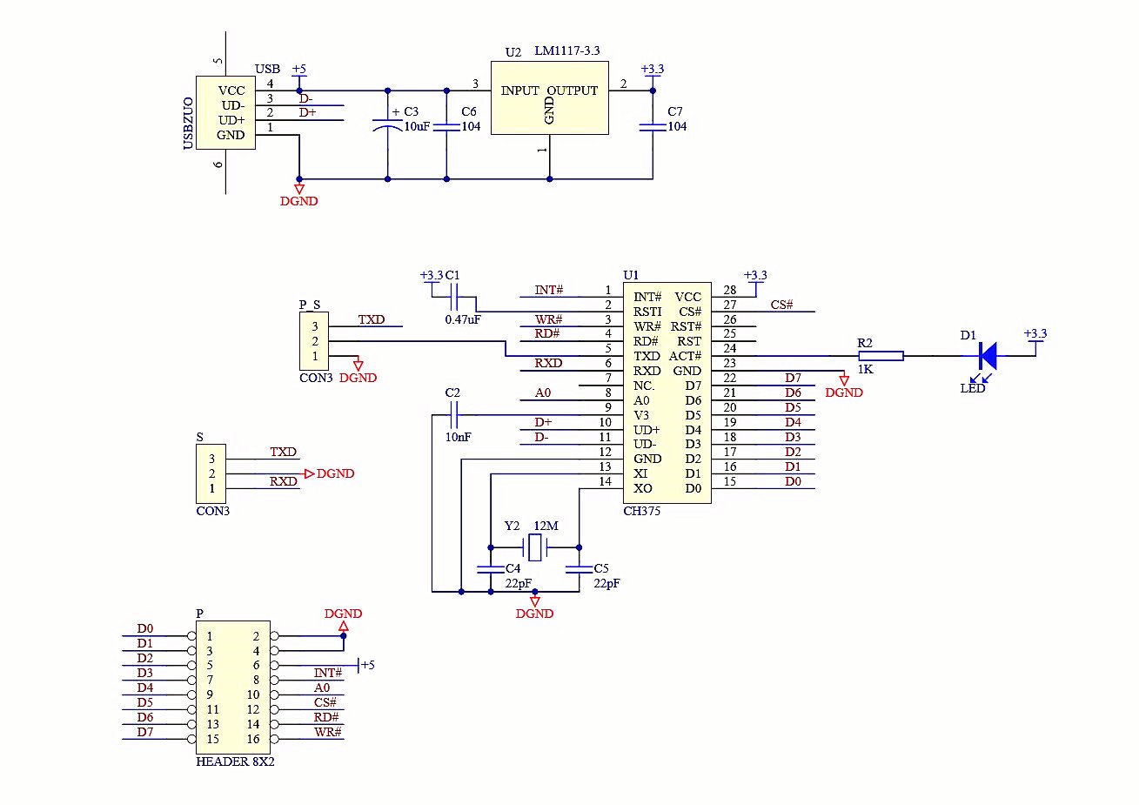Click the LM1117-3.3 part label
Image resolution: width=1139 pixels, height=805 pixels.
tap(566, 51)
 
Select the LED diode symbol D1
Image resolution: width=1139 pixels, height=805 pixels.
tap(987, 355)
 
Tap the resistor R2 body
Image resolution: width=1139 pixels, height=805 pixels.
tap(881, 355)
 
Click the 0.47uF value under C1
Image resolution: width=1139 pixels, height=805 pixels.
tap(463, 319)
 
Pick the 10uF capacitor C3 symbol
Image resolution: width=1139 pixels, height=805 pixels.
tap(387, 126)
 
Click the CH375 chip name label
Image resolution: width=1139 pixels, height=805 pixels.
tap(642, 511)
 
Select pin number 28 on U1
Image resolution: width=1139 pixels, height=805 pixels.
tap(729, 291)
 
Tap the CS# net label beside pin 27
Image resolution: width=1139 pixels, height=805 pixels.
tap(781, 305)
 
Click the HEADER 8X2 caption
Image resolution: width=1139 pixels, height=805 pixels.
tap(235, 761)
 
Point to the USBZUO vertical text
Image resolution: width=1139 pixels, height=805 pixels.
tap(188, 124)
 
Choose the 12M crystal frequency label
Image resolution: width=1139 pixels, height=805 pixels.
tap(546, 526)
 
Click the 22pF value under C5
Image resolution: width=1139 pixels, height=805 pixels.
tap(606, 583)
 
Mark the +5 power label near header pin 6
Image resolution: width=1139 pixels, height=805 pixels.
tap(366, 665)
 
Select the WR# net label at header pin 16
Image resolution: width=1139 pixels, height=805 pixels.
tap(328, 732)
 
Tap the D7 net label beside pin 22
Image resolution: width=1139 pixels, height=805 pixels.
tap(793, 378)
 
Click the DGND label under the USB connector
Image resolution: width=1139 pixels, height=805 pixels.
tap(298, 201)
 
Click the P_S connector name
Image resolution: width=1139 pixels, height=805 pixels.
tap(309, 305)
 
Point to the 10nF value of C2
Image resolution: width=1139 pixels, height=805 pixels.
tap(458, 437)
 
